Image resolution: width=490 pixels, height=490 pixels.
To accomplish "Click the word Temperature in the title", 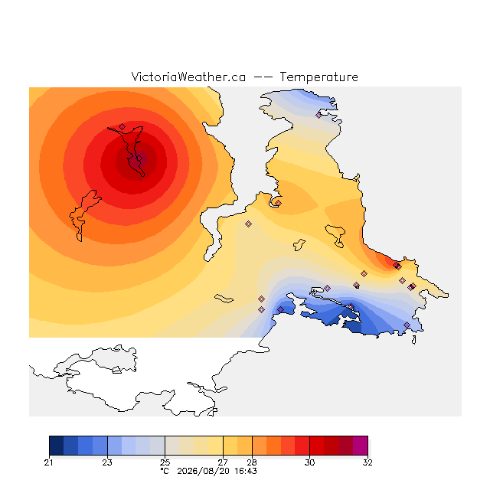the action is [x=318, y=77].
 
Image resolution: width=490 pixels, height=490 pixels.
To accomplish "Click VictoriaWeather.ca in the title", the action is [x=188, y=77].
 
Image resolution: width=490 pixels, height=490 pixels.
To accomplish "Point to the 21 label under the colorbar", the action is [x=49, y=462].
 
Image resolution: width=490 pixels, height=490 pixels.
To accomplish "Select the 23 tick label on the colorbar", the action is [x=107, y=462].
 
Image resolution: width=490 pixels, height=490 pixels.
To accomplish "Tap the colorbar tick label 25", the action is [x=165, y=462].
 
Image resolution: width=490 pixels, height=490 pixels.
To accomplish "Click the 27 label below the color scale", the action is [x=223, y=462].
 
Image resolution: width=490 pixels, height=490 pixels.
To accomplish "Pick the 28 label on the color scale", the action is [x=252, y=462].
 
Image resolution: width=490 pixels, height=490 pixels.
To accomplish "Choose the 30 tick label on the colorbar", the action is [x=309, y=462].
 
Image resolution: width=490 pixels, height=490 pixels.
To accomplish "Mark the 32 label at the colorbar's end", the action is [x=367, y=462].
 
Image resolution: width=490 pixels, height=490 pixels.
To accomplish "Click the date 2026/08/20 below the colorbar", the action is [x=204, y=471].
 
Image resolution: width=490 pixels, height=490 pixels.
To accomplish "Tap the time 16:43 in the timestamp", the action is [x=246, y=471].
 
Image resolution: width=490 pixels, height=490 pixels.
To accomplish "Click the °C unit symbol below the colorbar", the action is [x=165, y=471].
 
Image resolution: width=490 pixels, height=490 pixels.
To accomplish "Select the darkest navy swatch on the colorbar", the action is [x=56, y=446].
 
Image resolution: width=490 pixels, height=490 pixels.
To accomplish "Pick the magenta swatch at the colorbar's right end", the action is [x=361, y=446].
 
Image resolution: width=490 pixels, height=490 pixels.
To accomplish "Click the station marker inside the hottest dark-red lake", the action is [x=139, y=158].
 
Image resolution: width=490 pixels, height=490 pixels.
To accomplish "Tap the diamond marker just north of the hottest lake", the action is [x=122, y=126].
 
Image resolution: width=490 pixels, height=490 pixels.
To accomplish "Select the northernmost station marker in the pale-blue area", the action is [x=318, y=115].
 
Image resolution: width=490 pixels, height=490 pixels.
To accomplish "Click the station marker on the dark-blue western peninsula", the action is [x=281, y=309].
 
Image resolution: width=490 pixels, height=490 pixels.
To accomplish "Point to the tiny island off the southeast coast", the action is [x=414, y=340].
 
